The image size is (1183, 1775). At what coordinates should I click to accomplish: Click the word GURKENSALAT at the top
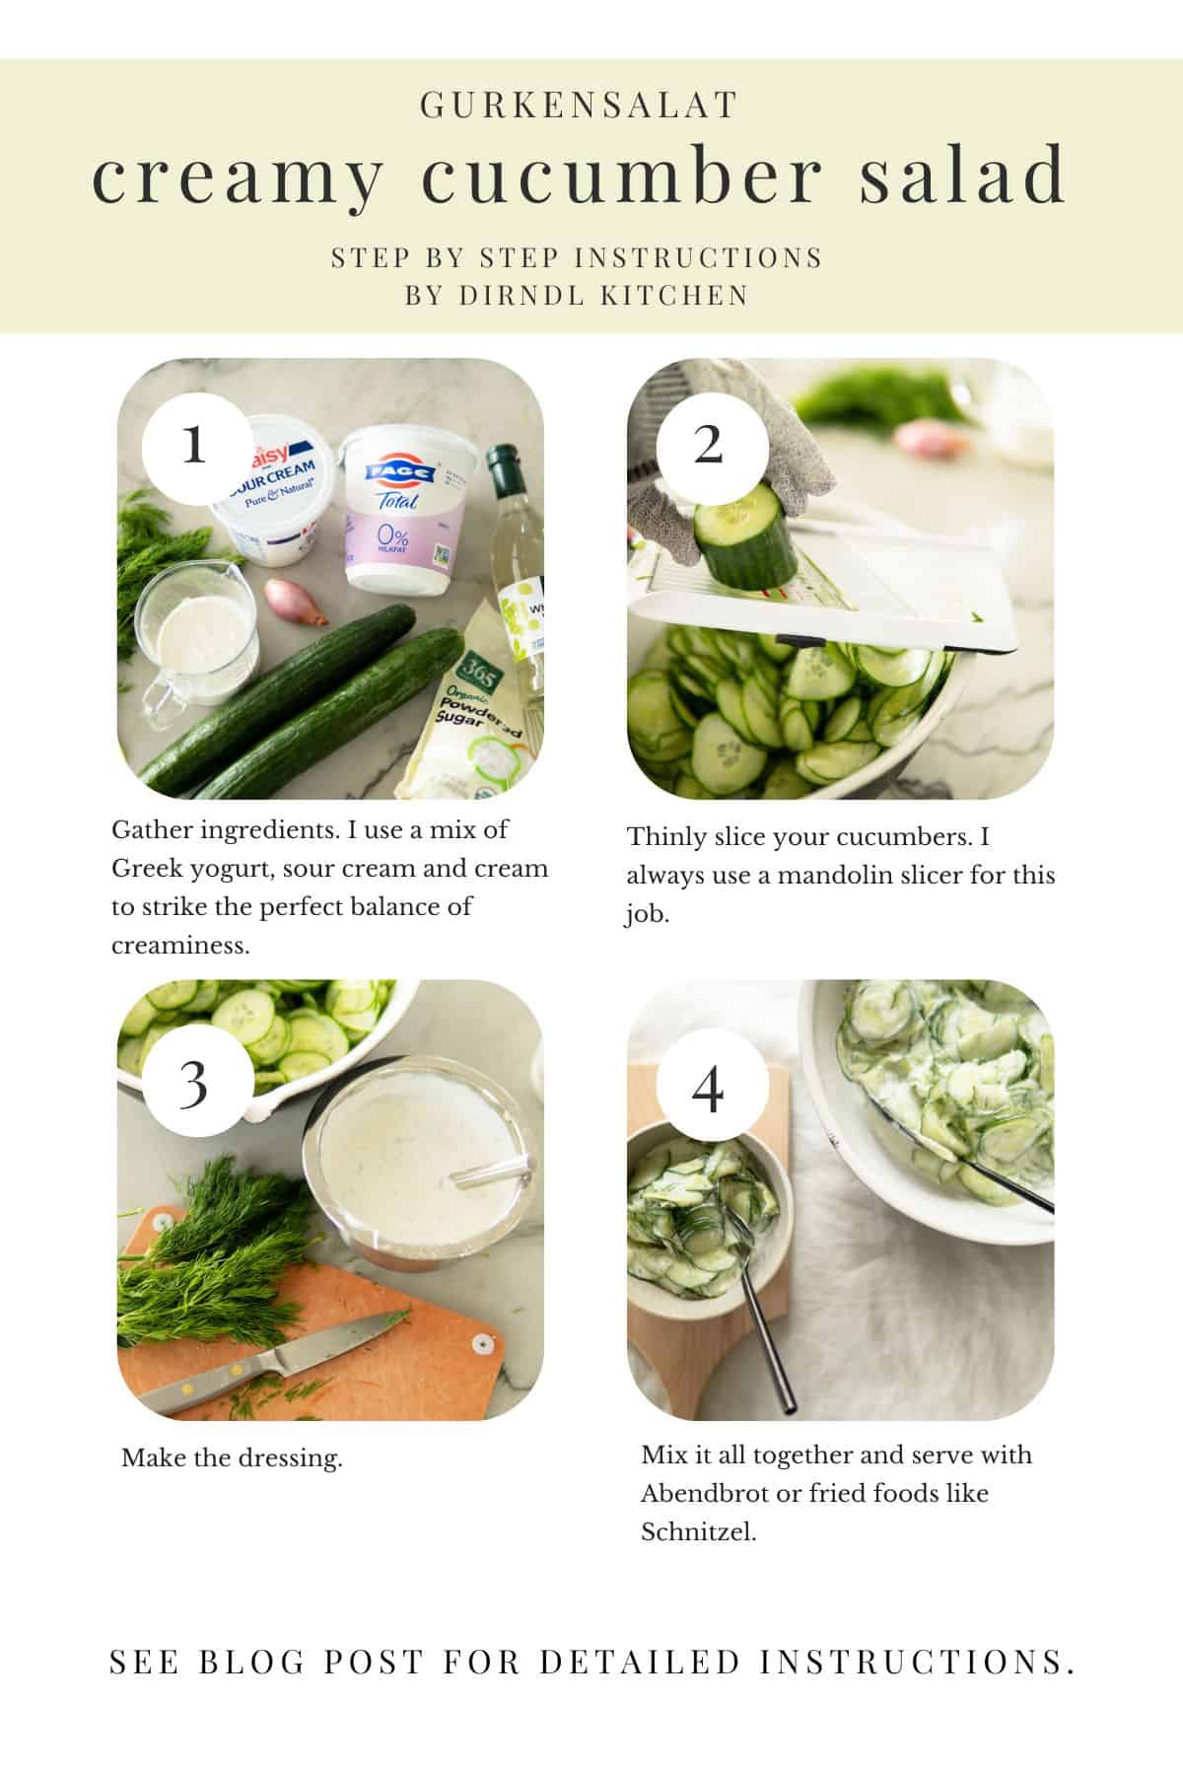click(579, 106)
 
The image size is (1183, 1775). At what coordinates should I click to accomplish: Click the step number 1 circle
click(194, 446)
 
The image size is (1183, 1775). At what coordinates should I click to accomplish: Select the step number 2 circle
click(708, 446)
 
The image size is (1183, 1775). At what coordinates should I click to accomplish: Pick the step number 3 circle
click(194, 1084)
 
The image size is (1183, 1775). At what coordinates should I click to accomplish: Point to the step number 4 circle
click(708, 1090)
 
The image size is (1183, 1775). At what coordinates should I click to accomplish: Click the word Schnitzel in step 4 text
click(698, 1532)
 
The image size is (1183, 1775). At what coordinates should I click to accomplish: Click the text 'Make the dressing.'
click(232, 1457)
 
